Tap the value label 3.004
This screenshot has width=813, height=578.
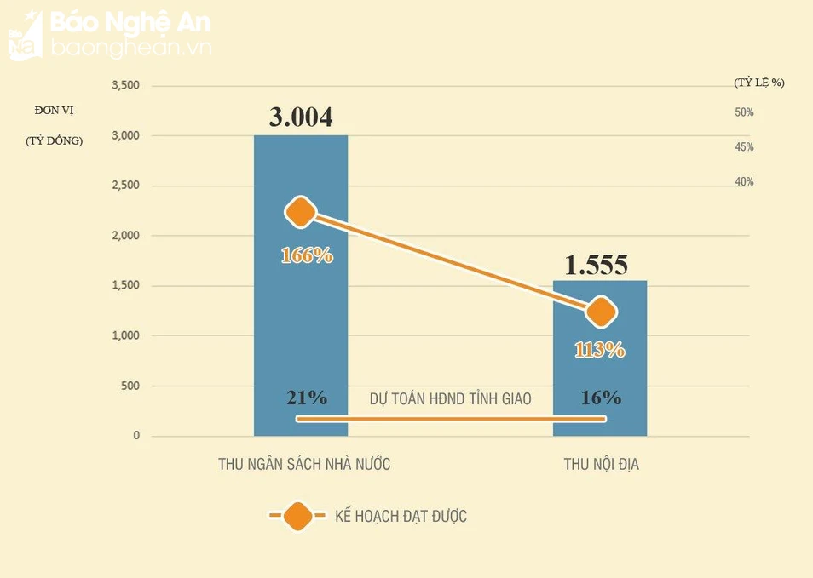[x=301, y=117]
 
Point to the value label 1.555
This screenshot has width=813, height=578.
[x=597, y=266]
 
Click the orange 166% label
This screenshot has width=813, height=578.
[x=307, y=255]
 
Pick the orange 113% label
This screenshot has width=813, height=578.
[x=600, y=349]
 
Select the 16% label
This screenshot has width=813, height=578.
[x=601, y=398]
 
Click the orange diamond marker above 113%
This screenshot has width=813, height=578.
[x=601, y=312]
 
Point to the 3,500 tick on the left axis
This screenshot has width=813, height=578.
[x=125, y=86]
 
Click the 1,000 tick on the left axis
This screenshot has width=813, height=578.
[x=125, y=336]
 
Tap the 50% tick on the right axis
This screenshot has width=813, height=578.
[x=744, y=112]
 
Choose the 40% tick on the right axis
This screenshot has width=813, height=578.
[x=744, y=182]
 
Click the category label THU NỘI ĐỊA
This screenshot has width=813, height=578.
[x=601, y=464]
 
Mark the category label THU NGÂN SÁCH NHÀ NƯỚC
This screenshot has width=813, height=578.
[x=304, y=464]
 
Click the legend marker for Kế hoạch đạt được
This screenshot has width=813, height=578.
[x=297, y=516]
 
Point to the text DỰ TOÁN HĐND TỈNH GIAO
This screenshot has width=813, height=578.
[x=451, y=398]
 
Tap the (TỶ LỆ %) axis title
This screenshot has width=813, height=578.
[x=758, y=83]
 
